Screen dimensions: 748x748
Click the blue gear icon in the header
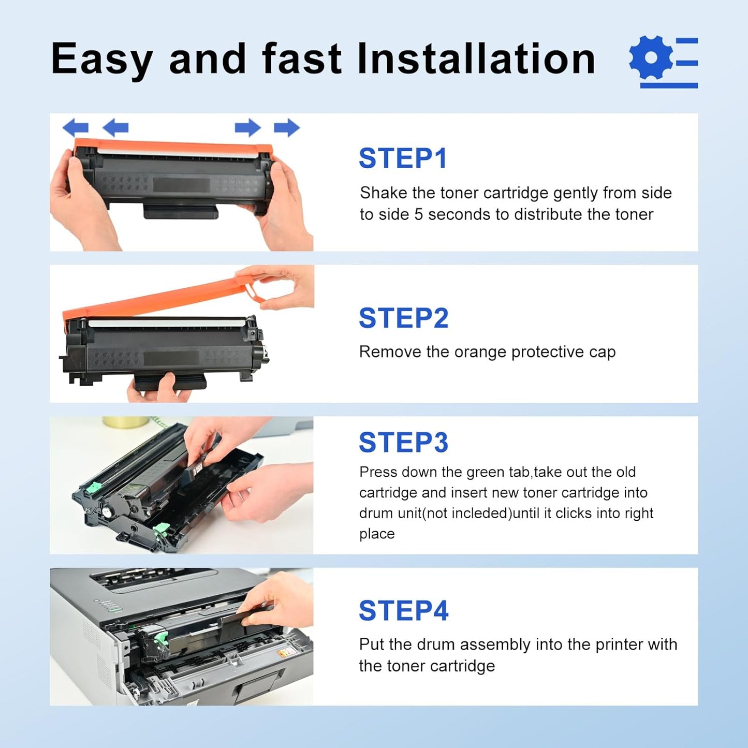(x=651, y=57)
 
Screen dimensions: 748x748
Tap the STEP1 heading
(x=403, y=158)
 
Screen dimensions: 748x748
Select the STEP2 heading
(x=403, y=318)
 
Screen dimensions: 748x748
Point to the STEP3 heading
(x=403, y=443)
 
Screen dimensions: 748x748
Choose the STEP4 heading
(x=403, y=610)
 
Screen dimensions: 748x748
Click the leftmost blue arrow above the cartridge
(x=76, y=127)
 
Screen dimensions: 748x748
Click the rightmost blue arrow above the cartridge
(x=287, y=127)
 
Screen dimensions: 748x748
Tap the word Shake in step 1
(x=384, y=193)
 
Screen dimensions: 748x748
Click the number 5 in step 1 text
(x=419, y=214)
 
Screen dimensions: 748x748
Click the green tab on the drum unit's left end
(x=94, y=488)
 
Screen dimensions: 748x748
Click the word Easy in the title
(x=102, y=58)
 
